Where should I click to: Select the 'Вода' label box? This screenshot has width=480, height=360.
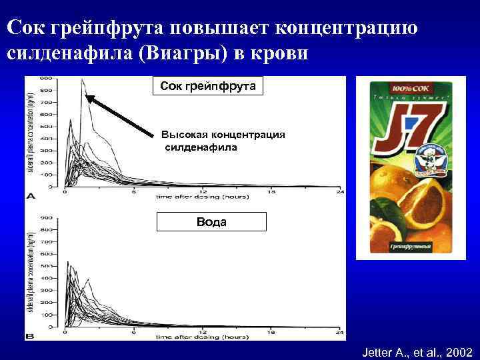coord(211,222)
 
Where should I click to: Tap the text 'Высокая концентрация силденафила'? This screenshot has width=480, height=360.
coord(223,141)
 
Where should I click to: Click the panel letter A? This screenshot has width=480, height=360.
coord(30,196)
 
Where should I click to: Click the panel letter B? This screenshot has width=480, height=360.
coord(30,337)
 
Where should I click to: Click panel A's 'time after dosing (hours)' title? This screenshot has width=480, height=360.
coord(193,198)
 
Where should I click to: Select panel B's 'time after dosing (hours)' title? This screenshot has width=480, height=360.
coord(193,338)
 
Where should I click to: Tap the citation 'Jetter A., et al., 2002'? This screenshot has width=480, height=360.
coord(417,351)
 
